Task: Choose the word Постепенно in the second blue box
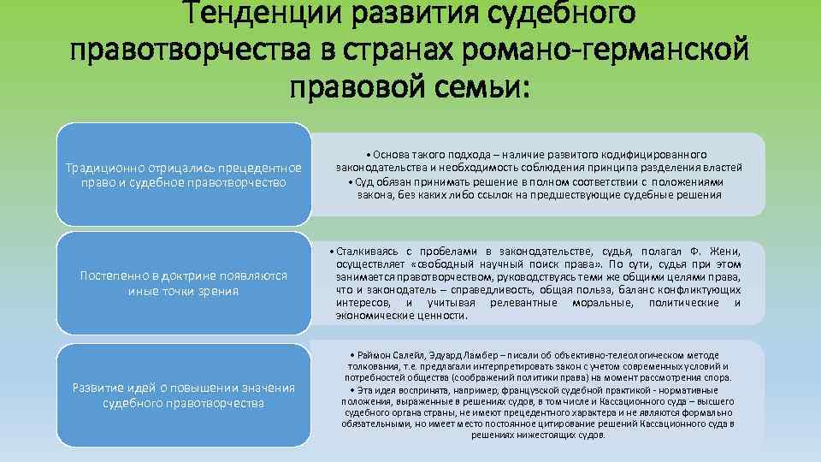(x=110, y=275)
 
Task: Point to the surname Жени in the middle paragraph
(x=719, y=251)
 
